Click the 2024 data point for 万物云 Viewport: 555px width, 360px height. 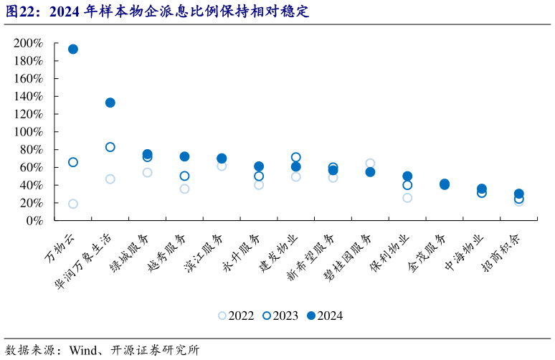73,49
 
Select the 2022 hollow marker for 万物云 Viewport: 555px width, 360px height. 73,204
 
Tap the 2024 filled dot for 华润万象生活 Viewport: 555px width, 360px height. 110,103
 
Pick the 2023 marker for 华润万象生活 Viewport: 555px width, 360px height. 110,147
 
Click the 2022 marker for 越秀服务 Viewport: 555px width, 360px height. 184,189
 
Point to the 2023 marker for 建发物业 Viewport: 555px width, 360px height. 296,157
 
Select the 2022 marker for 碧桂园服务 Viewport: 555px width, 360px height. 370,164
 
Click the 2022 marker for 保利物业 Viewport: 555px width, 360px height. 407,198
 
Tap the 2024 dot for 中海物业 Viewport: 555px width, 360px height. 482,189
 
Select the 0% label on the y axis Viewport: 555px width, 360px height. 34,221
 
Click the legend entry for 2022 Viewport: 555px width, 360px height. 237,316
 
